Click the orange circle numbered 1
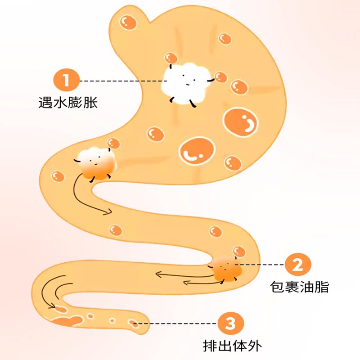click(67, 81)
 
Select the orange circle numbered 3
click(230, 323)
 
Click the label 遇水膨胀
click(67, 103)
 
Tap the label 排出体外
click(232, 346)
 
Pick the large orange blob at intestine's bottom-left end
click(67, 320)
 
